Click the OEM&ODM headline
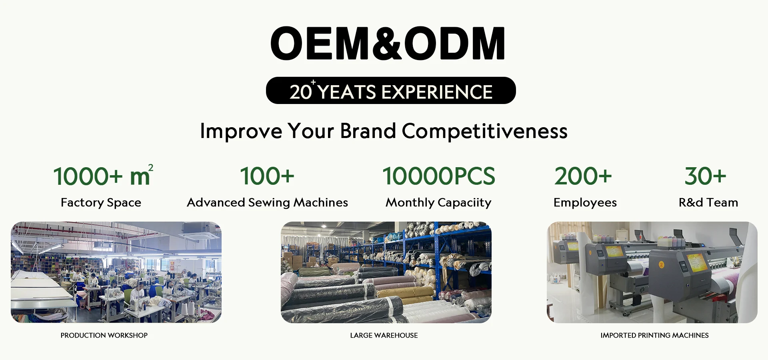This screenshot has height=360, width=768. (x=388, y=43)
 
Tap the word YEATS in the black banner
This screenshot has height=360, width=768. (x=347, y=92)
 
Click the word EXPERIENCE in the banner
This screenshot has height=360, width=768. (x=437, y=92)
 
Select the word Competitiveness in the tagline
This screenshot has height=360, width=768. (x=484, y=131)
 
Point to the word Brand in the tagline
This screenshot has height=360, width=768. (x=368, y=131)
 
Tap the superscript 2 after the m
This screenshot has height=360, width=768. (x=151, y=168)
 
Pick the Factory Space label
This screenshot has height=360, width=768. (x=101, y=203)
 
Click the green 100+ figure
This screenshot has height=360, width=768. (x=267, y=176)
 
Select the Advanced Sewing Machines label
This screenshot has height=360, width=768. (x=267, y=203)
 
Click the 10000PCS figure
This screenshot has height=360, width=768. (x=439, y=176)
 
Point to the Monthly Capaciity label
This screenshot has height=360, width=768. (x=438, y=203)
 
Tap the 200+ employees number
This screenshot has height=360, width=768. (x=583, y=176)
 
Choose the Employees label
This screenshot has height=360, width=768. (x=585, y=203)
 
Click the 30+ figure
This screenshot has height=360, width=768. (x=705, y=176)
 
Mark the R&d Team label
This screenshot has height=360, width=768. (x=708, y=202)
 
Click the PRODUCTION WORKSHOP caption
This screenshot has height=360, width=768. (x=104, y=335)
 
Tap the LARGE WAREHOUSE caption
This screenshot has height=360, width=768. (x=384, y=335)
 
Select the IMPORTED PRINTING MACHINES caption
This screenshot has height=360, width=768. (x=654, y=335)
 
